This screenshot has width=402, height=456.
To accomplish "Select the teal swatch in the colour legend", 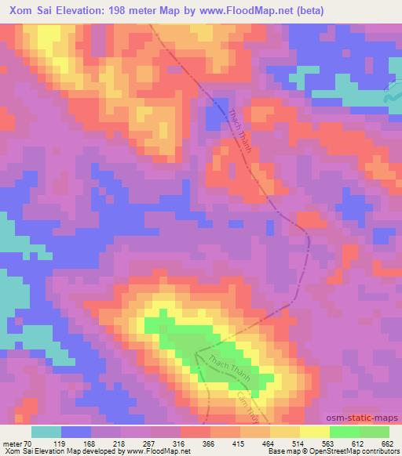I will [46, 432].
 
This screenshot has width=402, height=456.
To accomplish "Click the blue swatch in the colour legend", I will [76, 432].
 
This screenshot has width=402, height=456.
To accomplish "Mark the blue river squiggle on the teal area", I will [388, 98].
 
